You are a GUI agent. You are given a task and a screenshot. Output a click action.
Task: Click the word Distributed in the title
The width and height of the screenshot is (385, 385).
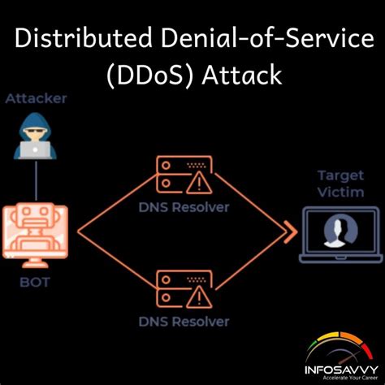(x=83, y=38)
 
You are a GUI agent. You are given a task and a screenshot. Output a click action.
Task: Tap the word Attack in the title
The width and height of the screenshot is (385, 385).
(x=242, y=75)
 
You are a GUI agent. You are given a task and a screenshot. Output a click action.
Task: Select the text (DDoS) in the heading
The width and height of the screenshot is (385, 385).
(x=150, y=76)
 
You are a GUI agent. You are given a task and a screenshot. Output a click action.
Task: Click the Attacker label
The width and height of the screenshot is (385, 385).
(x=36, y=98)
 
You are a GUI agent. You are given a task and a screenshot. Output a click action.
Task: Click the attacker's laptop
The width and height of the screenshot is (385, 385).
(x=36, y=149)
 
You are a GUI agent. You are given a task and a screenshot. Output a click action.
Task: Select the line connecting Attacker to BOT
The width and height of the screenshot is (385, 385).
(x=36, y=180)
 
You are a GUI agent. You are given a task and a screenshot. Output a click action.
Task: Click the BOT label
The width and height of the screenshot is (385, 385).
(x=35, y=283)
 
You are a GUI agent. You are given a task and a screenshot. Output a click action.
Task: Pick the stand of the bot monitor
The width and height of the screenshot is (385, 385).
(x=35, y=262)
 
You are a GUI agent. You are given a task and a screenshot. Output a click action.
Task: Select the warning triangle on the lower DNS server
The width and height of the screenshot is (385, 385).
(x=199, y=297)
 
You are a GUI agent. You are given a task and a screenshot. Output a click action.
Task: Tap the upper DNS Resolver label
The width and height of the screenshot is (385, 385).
(x=184, y=208)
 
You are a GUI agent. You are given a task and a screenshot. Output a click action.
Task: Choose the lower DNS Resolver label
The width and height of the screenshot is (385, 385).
(x=184, y=322)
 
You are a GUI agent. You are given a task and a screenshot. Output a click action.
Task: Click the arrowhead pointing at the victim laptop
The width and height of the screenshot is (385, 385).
(x=291, y=232)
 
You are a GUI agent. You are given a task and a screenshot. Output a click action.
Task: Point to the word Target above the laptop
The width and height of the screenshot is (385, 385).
(x=340, y=175)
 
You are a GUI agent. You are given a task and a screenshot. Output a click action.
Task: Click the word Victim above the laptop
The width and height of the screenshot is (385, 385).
(x=340, y=192)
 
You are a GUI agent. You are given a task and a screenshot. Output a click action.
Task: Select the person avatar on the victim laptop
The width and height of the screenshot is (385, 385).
(x=340, y=231)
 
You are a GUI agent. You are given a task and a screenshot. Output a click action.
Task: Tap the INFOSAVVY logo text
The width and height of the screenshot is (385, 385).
(x=341, y=370)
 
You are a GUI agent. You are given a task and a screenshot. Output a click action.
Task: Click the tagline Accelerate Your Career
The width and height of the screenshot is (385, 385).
(x=350, y=378)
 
